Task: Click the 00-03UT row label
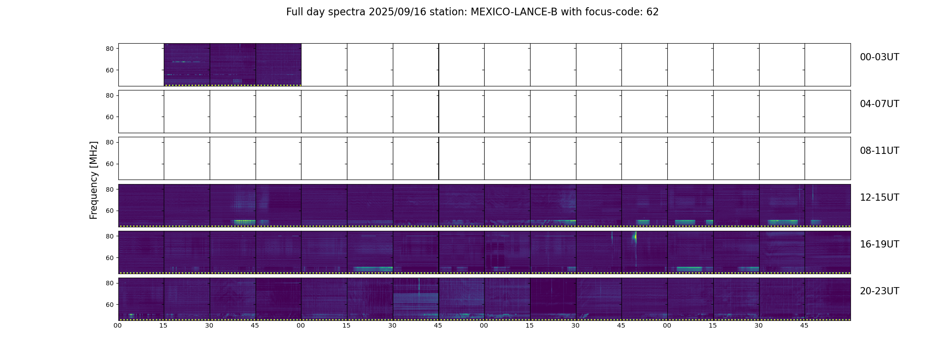coord(879,57)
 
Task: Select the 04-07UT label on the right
coord(879,104)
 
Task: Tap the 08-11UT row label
coord(879,151)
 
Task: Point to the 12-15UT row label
coord(879,198)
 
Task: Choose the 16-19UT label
coord(879,244)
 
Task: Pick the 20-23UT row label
coord(879,291)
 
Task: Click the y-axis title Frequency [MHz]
coord(94,180)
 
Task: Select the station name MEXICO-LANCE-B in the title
coord(514,12)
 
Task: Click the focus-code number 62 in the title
coord(652,12)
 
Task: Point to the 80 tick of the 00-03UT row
coord(110,49)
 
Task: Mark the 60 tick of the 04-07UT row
coord(110,117)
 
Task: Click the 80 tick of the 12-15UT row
coord(110,189)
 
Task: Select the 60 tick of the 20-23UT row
coord(110,305)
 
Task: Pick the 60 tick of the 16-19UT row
coord(110,258)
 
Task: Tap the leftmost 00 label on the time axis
coord(118,325)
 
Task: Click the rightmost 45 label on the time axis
coord(804,325)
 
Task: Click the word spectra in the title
coord(347,12)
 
